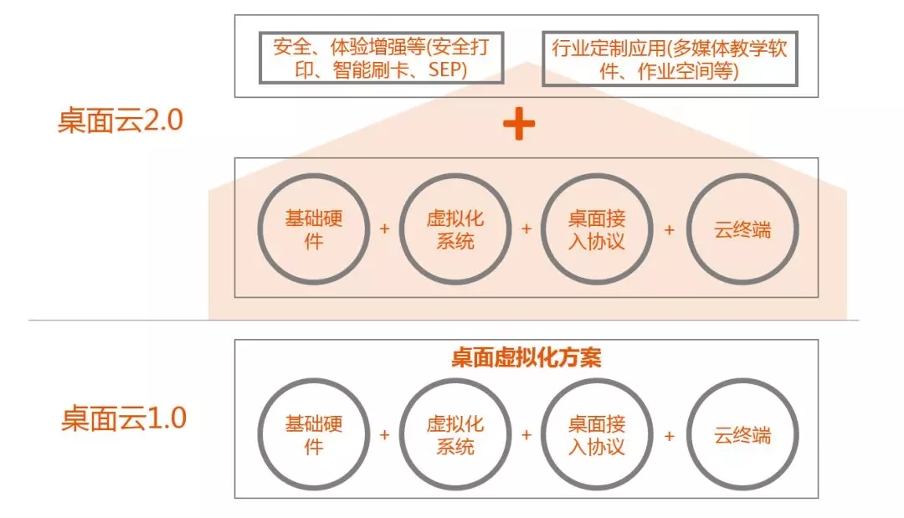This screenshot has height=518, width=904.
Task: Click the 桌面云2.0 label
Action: click(120, 121)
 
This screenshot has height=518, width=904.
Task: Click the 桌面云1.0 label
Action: click(124, 418)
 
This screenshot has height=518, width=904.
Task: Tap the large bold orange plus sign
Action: click(519, 123)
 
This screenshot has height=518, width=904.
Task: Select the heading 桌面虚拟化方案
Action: click(526, 358)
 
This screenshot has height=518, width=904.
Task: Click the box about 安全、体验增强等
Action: click(381, 33)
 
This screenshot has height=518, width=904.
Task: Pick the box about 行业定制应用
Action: click(670, 33)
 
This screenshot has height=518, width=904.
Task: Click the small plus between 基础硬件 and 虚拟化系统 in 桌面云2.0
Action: click(384, 229)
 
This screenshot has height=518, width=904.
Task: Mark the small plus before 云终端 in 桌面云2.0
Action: click(670, 230)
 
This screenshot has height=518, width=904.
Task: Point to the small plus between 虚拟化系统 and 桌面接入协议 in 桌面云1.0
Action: click(526, 435)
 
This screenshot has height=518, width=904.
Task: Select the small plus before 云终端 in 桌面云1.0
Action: click(670, 436)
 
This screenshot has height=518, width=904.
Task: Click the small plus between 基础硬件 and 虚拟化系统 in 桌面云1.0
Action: click(384, 435)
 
